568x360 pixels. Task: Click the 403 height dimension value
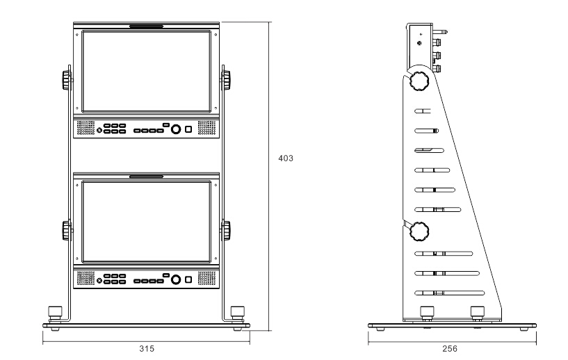click(x=286, y=158)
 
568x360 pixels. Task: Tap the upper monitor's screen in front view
click(x=146, y=71)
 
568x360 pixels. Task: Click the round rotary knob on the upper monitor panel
click(x=176, y=129)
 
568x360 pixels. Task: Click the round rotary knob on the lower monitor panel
click(x=176, y=279)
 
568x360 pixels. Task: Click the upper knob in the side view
click(x=419, y=81)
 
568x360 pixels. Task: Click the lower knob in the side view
click(x=419, y=230)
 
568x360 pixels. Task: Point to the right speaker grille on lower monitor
click(x=207, y=279)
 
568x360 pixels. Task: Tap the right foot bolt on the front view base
click(x=238, y=312)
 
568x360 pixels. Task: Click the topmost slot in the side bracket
click(x=422, y=111)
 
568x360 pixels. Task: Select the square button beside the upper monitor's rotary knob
click(x=188, y=129)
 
